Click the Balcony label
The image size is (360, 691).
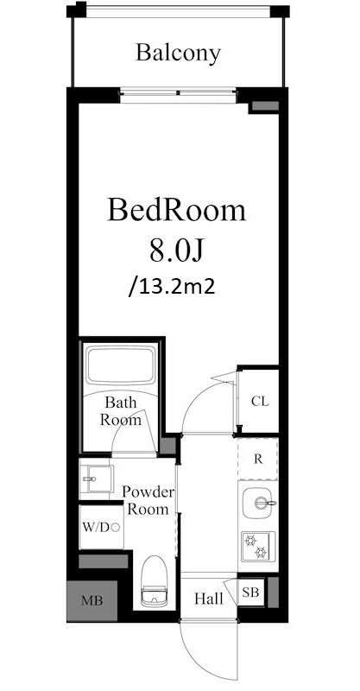178,54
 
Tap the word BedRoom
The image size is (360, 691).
176,210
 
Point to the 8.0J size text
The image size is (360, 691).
176,250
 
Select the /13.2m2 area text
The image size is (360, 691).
172,287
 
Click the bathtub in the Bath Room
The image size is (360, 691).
121,365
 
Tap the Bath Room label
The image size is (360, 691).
121,410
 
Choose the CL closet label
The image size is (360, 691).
260,401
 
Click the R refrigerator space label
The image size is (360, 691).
258,460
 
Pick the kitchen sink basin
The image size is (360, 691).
259,504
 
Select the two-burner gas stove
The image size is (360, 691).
258,547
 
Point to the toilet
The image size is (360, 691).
153,581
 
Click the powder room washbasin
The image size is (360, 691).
96,479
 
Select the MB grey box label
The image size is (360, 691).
92,600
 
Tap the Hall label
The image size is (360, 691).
209,599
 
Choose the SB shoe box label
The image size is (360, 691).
250,593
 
